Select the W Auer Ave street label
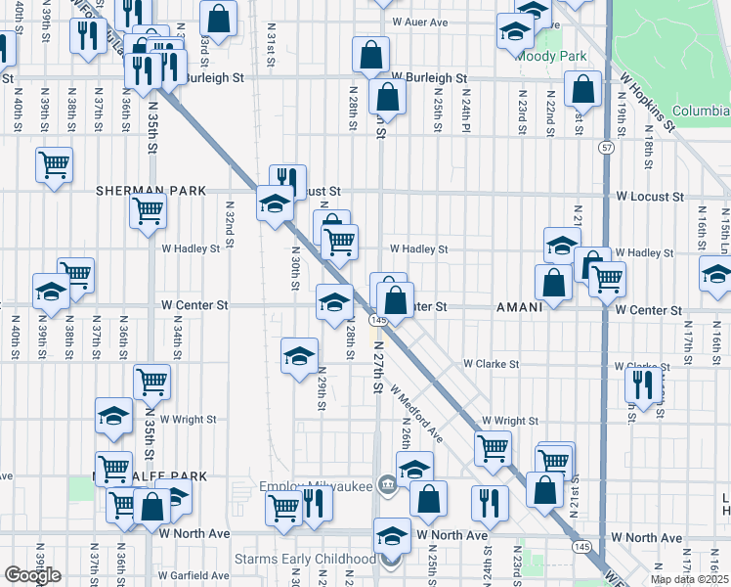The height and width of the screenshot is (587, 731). click(x=419, y=22)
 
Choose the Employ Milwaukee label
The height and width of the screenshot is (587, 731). click(x=317, y=486)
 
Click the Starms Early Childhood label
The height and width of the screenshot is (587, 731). click(x=305, y=560)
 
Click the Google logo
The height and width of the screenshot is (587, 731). click(x=32, y=575)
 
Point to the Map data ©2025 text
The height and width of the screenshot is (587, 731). click(x=690, y=579)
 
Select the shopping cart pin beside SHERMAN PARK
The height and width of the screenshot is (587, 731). click(x=148, y=208)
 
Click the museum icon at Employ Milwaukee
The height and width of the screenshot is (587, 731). click(x=388, y=484)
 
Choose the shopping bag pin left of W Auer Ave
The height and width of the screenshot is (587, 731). click(x=219, y=17)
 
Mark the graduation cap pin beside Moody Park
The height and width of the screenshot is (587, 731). click(x=514, y=31)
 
